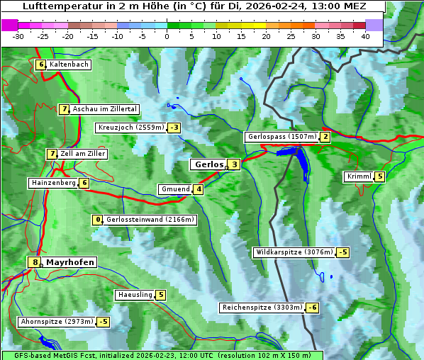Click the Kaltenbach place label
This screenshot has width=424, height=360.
[x=69, y=64]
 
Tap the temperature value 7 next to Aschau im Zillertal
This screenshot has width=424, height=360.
[x=64, y=109]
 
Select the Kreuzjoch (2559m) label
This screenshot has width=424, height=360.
[x=130, y=128]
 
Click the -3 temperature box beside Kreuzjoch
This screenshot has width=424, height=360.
[x=174, y=128]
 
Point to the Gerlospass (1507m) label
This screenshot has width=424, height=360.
[x=281, y=137]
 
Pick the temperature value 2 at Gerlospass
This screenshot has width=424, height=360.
[x=325, y=137]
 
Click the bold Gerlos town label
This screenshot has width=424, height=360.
[x=208, y=164]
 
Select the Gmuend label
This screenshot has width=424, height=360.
[x=175, y=189]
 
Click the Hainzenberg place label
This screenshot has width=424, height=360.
[x=52, y=183]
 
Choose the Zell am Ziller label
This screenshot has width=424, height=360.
[x=83, y=154]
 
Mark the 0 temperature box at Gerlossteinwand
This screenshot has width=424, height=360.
[x=99, y=220]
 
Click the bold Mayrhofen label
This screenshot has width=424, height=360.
[x=70, y=262]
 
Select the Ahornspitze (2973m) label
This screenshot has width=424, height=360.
[x=57, y=322]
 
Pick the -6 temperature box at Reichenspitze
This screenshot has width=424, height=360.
[x=312, y=308]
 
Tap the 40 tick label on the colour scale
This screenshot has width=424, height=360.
[x=365, y=36]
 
